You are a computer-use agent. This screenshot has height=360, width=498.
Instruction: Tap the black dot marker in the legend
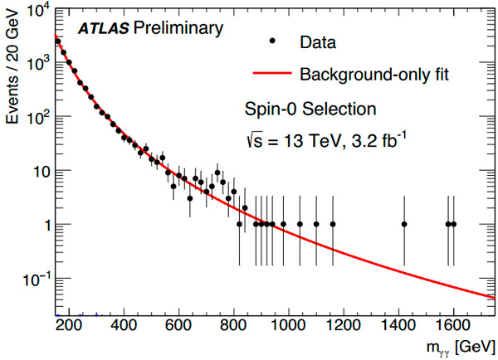pos(273,39)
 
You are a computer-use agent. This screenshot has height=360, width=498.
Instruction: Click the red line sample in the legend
pos(273,75)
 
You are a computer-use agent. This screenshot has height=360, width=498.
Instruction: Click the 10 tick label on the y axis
pos(38,172)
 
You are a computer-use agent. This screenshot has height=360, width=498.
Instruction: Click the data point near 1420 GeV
pos(404,224)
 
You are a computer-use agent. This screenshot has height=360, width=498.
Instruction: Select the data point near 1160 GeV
pos(333,224)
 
